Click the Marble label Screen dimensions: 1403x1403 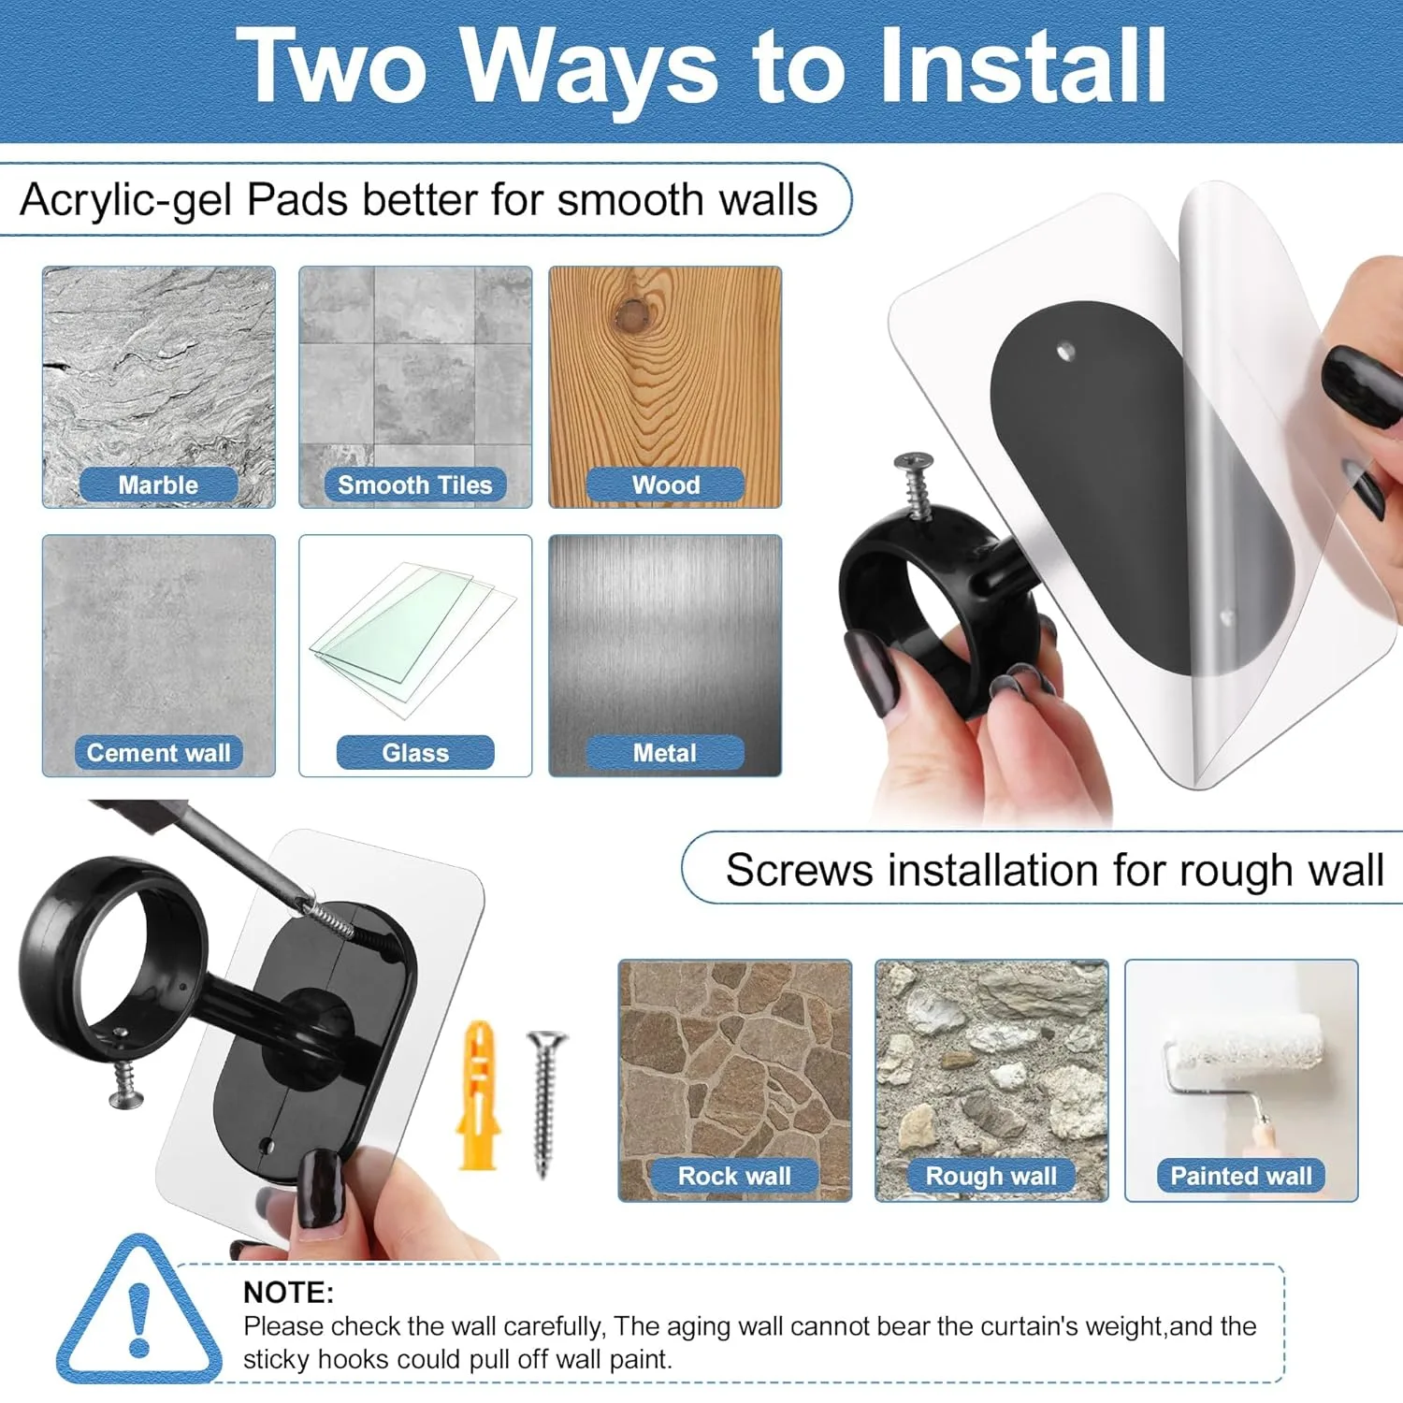(x=158, y=485)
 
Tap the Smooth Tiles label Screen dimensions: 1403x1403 (x=414, y=485)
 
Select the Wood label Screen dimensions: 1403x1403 (x=665, y=485)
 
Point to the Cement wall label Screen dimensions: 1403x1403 (x=158, y=753)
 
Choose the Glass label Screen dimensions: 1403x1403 (x=415, y=753)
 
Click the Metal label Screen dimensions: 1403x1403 (x=665, y=753)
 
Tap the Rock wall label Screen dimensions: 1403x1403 (x=734, y=1176)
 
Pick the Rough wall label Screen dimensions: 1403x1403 (x=991, y=1176)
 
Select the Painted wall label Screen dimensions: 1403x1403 (x=1241, y=1176)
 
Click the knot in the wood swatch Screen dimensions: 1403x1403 (x=631, y=314)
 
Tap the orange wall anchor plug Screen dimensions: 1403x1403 (x=479, y=1095)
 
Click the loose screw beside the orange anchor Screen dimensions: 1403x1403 (x=546, y=1103)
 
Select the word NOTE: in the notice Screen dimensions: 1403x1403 (x=288, y=1292)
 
